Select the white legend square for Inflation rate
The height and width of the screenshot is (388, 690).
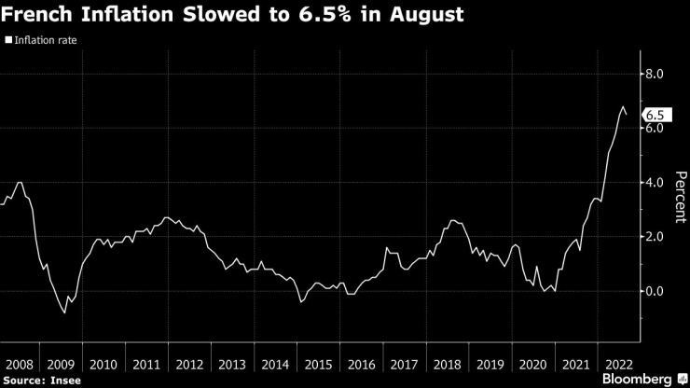click(x=8, y=41)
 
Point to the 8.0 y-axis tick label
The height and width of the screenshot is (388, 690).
click(x=655, y=74)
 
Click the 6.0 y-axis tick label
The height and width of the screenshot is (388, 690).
click(x=655, y=128)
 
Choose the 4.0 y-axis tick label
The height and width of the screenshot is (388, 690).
click(x=655, y=183)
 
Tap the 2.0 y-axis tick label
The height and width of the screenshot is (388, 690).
click(x=655, y=237)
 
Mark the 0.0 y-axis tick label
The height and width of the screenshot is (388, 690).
click(x=655, y=291)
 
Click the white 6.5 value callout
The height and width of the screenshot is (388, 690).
click(x=656, y=115)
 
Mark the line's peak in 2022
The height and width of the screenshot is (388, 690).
click(x=622, y=107)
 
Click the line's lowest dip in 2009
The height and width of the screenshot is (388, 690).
click(x=64, y=312)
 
